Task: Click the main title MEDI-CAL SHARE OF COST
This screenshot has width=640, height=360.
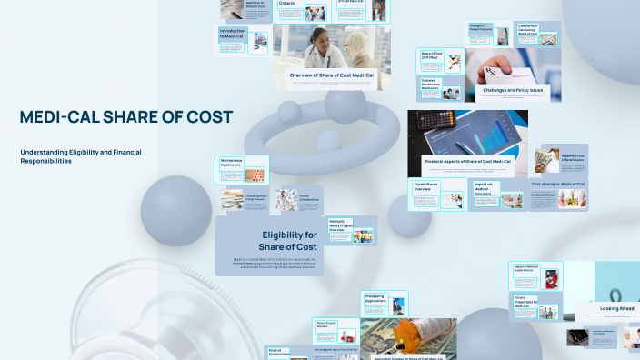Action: click(x=126, y=117)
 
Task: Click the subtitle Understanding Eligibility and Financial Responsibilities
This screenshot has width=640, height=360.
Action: click(x=81, y=155)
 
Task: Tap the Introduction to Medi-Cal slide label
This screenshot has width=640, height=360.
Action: click(x=232, y=34)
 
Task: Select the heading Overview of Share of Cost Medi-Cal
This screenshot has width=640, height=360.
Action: click(x=331, y=74)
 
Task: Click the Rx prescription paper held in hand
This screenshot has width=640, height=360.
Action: click(x=495, y=73)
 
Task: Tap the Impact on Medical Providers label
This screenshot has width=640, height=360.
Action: click(x=483, y=189)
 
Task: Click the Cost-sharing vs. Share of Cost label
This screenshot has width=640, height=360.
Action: click(x=558, y=185)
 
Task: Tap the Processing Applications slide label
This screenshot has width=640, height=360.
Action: click(x=375, y=298)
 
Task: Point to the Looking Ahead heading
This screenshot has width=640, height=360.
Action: click(x=616, y=309)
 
